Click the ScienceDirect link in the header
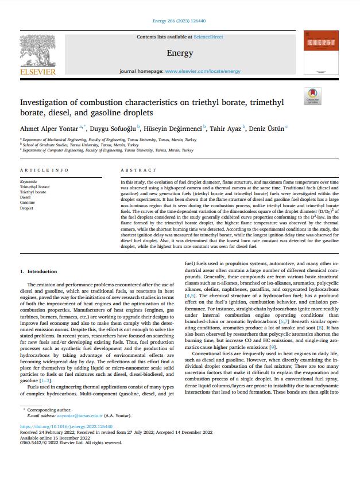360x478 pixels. [x=208, y=37]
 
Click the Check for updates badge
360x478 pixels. [x=312, y=96]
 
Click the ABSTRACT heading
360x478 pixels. [x=138, y=170]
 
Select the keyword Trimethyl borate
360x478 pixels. [x=34, y=187]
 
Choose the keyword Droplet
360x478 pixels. [x=26, y=208]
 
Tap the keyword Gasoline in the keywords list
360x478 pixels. [x=28, y=203]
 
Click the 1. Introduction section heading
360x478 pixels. [x=38, y=270]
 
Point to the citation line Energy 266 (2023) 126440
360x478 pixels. [x=180, y=21]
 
